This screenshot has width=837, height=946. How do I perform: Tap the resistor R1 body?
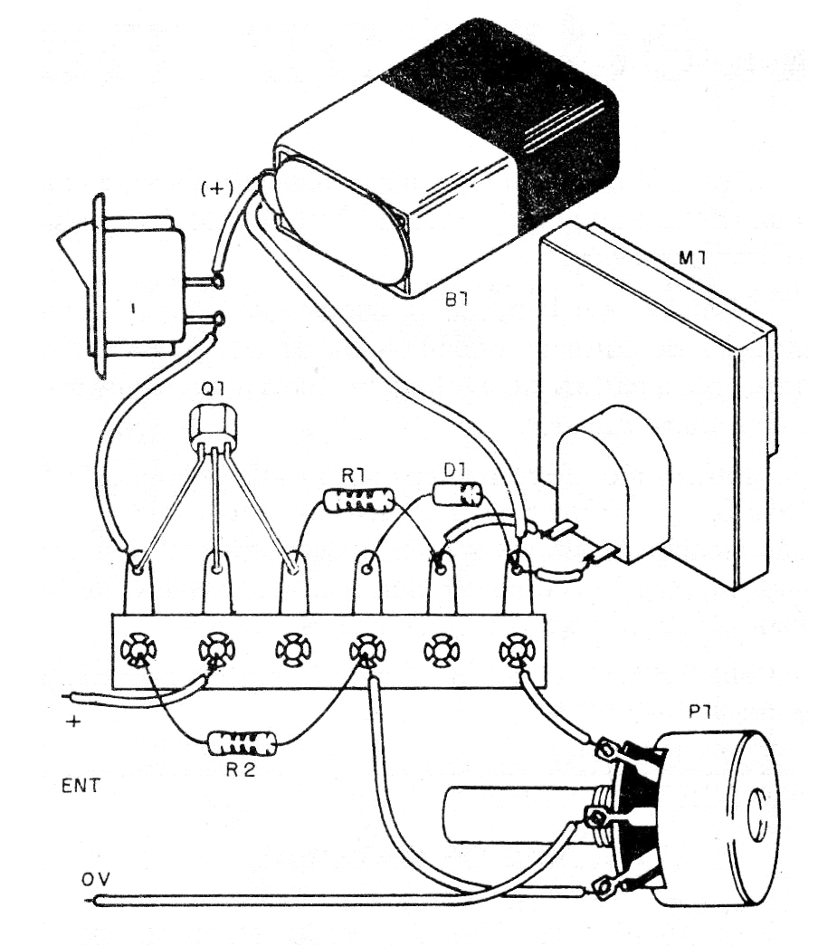pos(359,499)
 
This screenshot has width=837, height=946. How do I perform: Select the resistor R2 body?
pos(242,744)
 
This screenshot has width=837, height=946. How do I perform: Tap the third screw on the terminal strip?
pos(292,650)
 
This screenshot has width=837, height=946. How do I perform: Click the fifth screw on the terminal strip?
pos(442,650)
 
